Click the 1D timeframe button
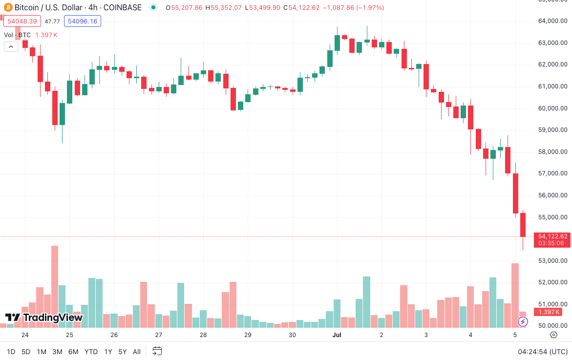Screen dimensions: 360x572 (11, 352)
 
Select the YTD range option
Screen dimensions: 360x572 (91, 352)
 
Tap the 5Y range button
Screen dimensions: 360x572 (122, 352)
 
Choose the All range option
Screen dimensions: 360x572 (137, 352)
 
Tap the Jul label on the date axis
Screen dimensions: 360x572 (337, 335)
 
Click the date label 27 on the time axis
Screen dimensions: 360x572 (159, 335)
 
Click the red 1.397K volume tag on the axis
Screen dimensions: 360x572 (550, 312)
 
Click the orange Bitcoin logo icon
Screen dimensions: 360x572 (7, 8)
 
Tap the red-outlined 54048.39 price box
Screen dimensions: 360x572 (21, 21)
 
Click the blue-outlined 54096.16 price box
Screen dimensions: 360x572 (83, 21)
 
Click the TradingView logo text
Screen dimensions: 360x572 (44, 318)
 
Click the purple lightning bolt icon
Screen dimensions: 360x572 (523, 321)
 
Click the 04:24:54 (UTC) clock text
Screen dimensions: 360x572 (543, 352)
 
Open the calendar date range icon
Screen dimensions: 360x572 (157, 351)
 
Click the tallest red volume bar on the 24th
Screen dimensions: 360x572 (55, 286)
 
